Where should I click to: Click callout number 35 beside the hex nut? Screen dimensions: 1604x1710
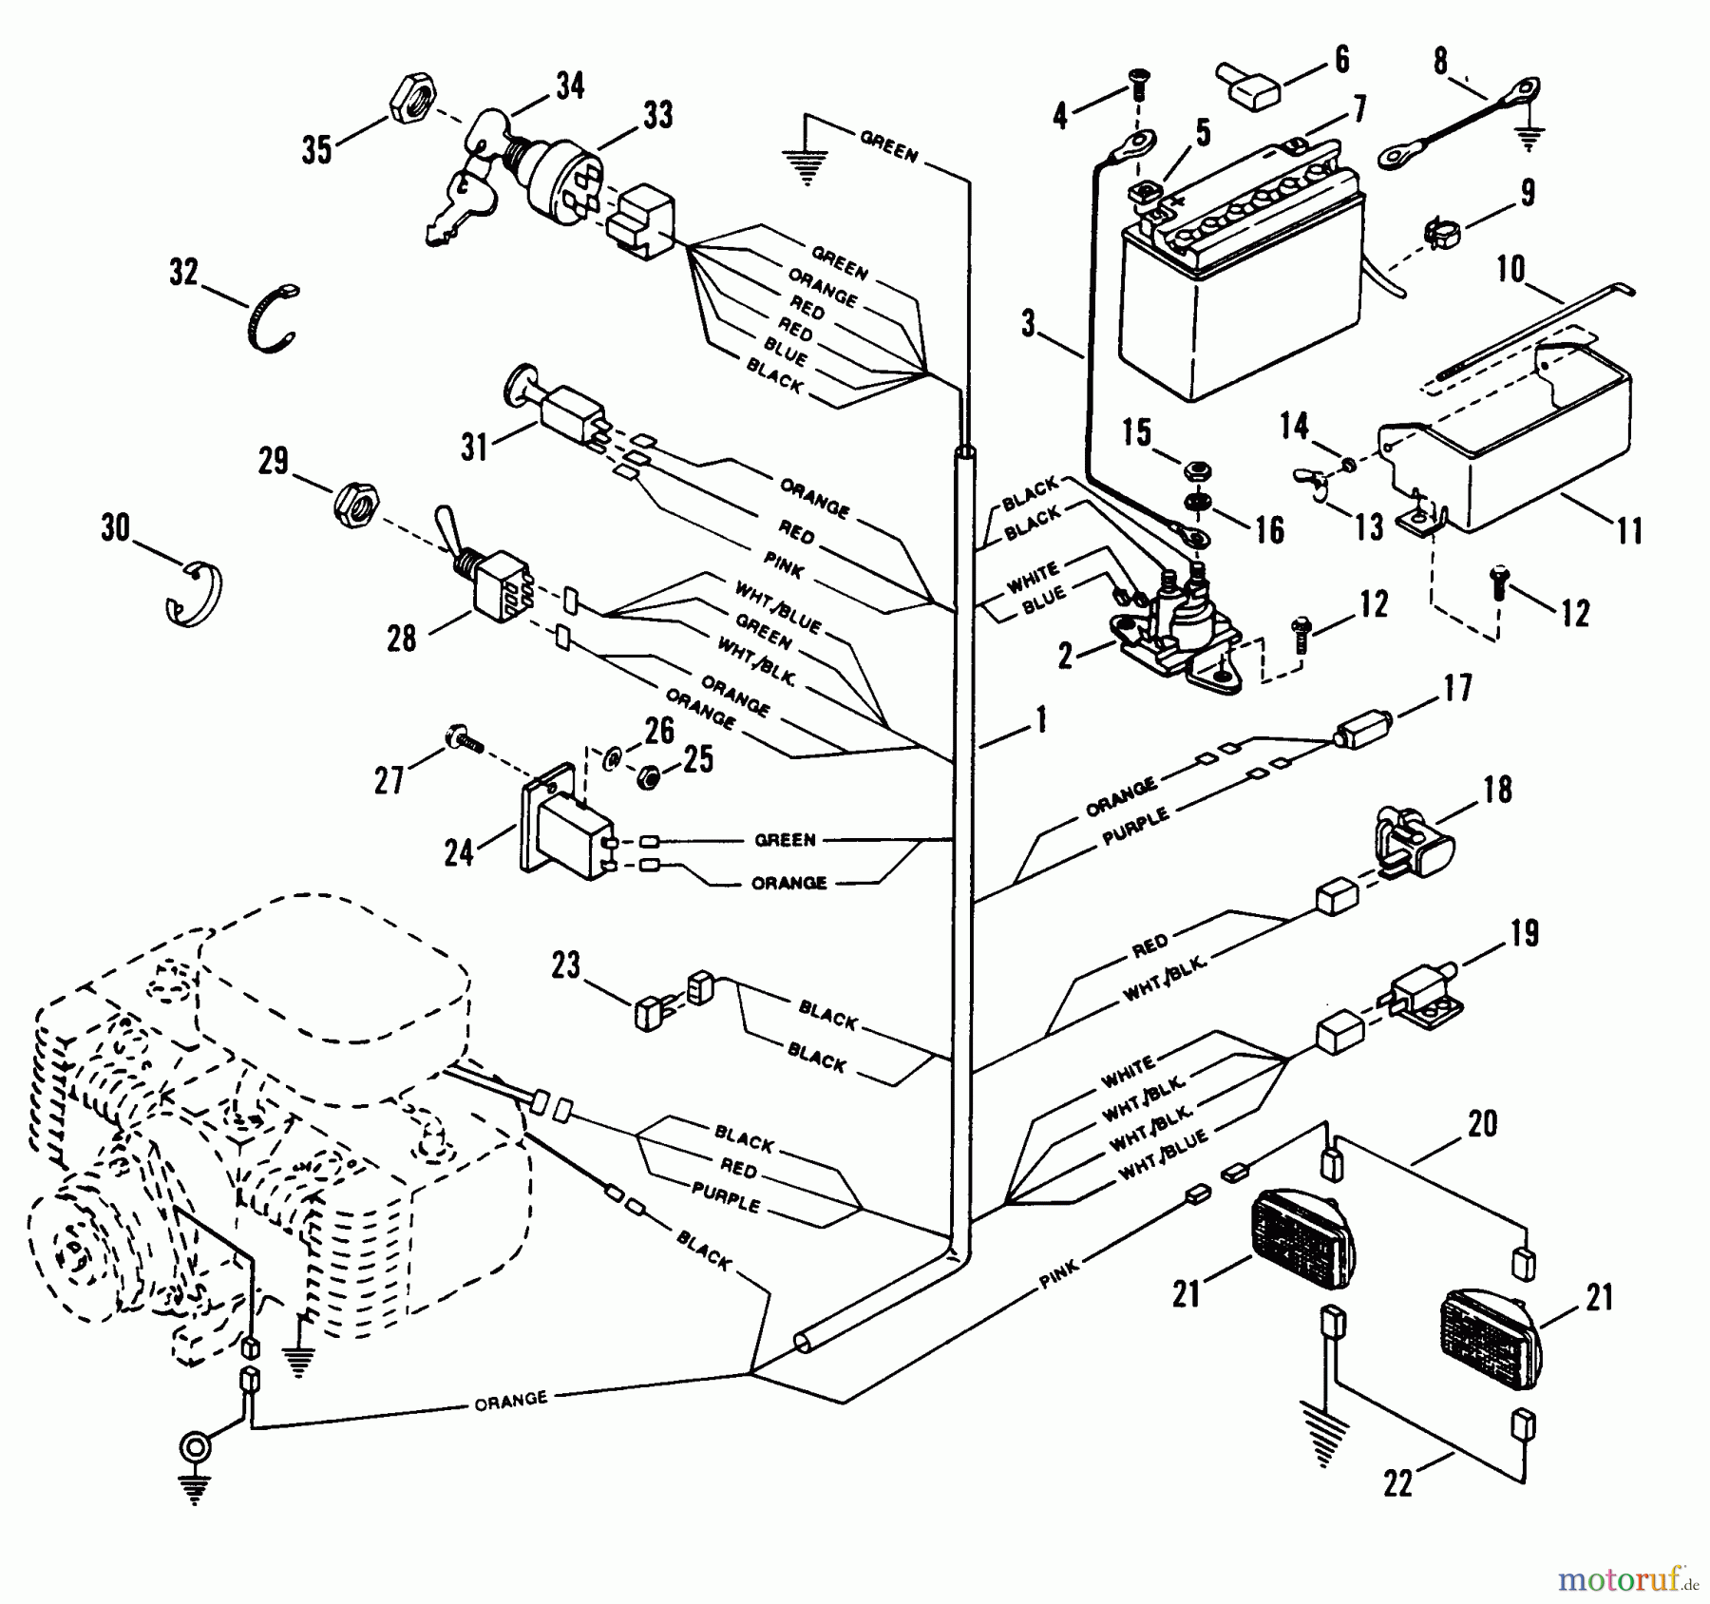317,148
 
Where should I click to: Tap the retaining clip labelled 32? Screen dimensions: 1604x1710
274,318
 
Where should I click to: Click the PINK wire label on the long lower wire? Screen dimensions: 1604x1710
1058,1272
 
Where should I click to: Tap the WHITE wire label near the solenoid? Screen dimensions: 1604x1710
1033,573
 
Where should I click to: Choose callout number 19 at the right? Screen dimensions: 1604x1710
1523,933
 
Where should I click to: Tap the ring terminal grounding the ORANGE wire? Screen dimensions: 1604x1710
195,1448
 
